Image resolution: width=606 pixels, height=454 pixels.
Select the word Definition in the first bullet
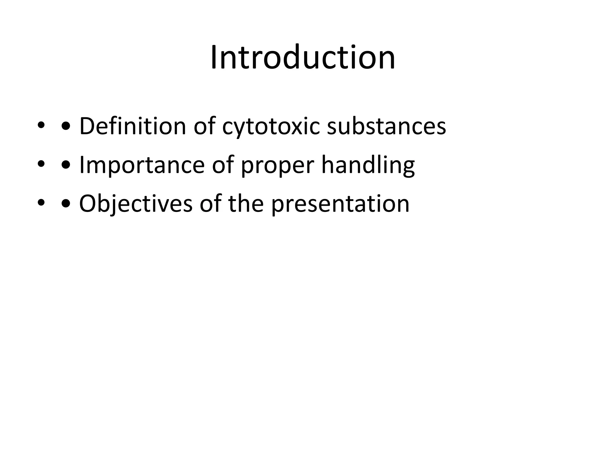click(x=133, y=126)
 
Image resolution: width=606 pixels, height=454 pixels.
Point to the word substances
click(x=386, y=126)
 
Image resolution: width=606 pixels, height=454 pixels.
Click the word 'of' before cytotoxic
click(x=204, y=126)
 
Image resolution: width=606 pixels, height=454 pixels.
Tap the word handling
click(x=368, y=166)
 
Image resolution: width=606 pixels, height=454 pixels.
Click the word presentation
click(x=340, y=204)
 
